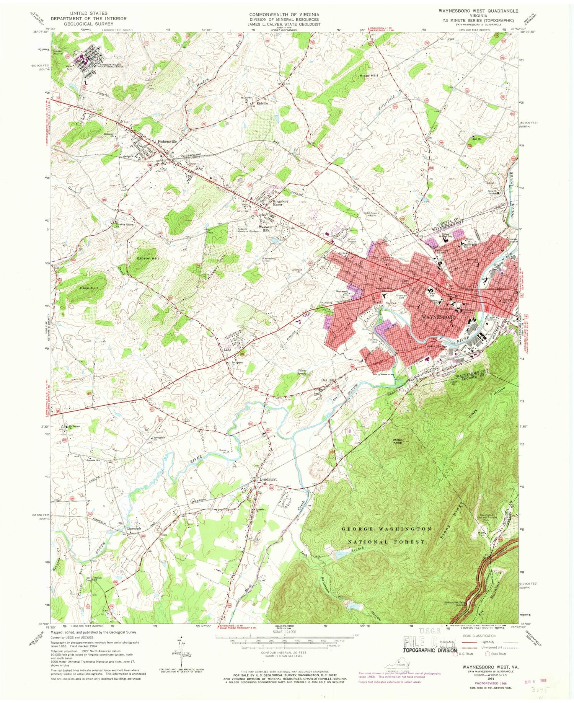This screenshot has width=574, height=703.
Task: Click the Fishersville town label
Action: (167, 141)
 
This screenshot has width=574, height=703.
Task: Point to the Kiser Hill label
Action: (369, 76)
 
